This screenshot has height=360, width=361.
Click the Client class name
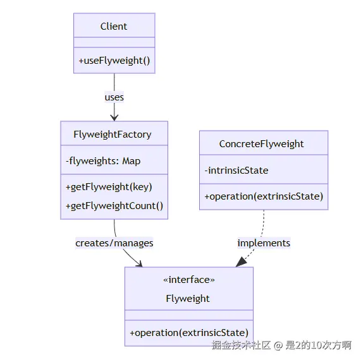(114, 27)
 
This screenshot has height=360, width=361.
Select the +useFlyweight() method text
(114, 61)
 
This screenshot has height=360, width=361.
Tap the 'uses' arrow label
(114, 97)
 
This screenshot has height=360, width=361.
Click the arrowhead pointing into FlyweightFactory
(114, 117)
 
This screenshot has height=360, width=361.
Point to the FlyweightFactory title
(113, 135)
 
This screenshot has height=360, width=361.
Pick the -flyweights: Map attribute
(103, 161)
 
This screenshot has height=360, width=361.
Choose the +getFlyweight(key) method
(109, 187)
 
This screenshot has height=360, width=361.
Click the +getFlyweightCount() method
(114, 206)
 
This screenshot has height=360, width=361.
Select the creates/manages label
(114, 243)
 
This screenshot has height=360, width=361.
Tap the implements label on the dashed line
(264, 243)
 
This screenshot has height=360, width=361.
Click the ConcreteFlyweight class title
(261, 144)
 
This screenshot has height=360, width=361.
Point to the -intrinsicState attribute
(236, 171)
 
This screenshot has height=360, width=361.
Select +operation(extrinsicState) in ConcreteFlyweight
(264, 196)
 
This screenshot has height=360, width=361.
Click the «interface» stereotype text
(189, 280)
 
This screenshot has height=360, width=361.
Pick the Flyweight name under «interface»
(188, 299)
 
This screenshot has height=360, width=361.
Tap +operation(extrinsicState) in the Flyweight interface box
(189, 333)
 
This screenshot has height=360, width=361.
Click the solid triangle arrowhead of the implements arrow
(241, 262)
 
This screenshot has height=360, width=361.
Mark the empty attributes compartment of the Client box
(114, 42)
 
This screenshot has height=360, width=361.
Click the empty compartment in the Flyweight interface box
(189, 315)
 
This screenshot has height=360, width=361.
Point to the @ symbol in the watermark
(278, 345)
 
